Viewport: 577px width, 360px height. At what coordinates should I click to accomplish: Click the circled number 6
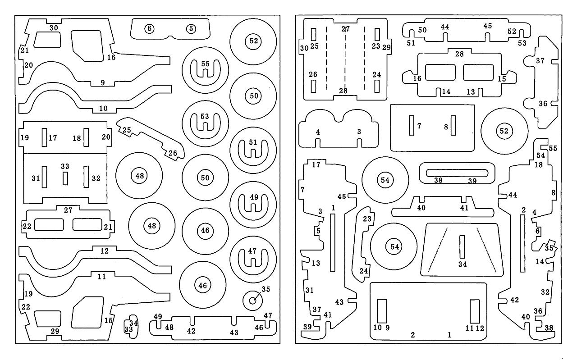pos(149,28)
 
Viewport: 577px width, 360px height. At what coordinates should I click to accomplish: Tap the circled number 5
pos(191,28)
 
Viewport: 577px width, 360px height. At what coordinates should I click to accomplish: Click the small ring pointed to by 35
pos(253,301)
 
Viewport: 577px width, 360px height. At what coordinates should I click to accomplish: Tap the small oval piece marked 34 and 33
pos(131,327)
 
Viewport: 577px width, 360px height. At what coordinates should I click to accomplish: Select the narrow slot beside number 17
pos(44,137)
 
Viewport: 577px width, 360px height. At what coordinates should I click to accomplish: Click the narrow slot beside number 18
pos(86,137)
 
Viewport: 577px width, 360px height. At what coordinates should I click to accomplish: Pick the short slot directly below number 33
pos(65,178)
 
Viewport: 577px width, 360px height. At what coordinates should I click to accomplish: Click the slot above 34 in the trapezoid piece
pos(462,247)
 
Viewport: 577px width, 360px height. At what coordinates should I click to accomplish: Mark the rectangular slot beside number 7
pos(412,125)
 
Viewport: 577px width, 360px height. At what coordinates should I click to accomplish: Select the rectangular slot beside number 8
pos(453,125)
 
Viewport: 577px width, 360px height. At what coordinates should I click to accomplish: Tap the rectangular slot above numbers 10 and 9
pos(382,311)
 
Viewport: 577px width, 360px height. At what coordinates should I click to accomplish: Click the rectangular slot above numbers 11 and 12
pos(475,311)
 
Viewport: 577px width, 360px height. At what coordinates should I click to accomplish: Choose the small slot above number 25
pos(313,34)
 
